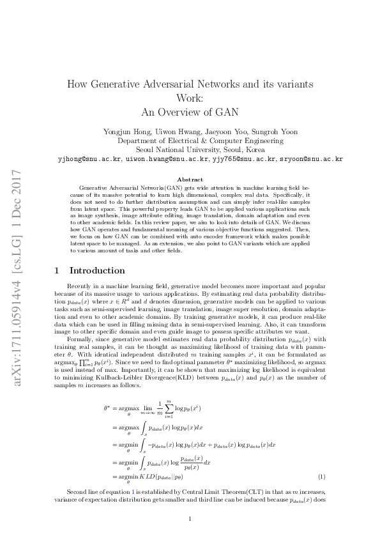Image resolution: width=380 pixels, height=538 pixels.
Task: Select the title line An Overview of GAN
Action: (190, 112)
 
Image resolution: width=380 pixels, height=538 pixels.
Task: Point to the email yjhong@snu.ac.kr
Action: (89, 158)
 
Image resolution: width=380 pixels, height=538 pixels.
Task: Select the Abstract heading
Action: (190, 180)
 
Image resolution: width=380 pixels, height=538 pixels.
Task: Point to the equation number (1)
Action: (322, 477)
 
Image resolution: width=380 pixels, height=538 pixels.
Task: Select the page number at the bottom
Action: (190, 518)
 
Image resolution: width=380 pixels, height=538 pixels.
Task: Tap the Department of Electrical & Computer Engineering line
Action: (190, 141)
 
